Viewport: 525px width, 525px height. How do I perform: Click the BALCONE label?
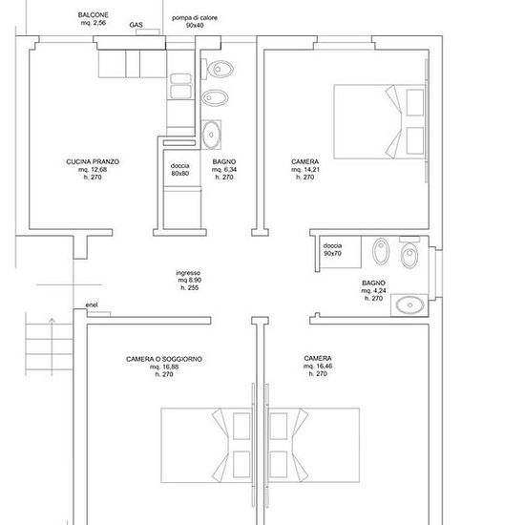(94, 15)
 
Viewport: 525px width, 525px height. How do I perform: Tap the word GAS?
(136, 25)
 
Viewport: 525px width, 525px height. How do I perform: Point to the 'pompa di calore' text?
(195, 18)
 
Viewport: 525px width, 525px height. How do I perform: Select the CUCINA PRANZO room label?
(93, 161)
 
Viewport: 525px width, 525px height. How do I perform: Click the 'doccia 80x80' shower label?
(180, 169)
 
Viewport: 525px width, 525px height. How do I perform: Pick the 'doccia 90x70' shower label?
(332, 249)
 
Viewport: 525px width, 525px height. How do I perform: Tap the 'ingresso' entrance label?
(188, 273)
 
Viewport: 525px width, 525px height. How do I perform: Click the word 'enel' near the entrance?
(92, 305)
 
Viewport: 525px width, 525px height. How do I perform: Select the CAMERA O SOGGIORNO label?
(164, 359)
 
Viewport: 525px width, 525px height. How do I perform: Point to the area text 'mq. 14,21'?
(305, 169)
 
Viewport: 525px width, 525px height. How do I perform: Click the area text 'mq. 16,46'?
(318, 366)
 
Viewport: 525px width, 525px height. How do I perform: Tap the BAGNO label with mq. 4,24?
(373, 283)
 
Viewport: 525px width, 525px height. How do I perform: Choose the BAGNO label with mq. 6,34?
(224, 161)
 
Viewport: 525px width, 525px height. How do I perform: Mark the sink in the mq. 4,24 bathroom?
(409, 304)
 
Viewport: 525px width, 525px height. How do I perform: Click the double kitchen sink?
(180, 86)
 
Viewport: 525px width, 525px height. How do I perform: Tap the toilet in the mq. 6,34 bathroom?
(218, 70)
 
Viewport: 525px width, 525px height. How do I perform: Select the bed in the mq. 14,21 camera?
(379, 121)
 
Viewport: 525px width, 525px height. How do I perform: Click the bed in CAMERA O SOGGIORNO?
(206, 446)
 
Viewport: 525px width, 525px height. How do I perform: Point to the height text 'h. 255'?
(190, 287)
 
